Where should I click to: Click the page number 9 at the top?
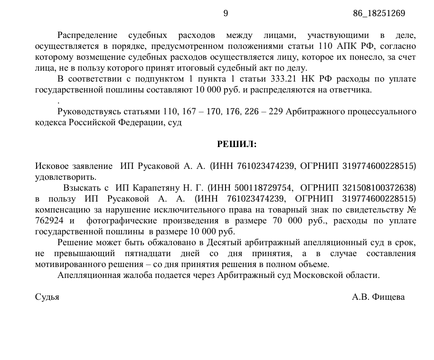[x=226, y=13]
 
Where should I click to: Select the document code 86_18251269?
[x=379, y=13]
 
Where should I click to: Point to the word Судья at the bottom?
[x=47, y=297]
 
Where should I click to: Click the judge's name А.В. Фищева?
[x=378, y=297]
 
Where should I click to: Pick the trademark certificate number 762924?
[x=49, y=221]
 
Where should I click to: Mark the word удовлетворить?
[x=66, y=177]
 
